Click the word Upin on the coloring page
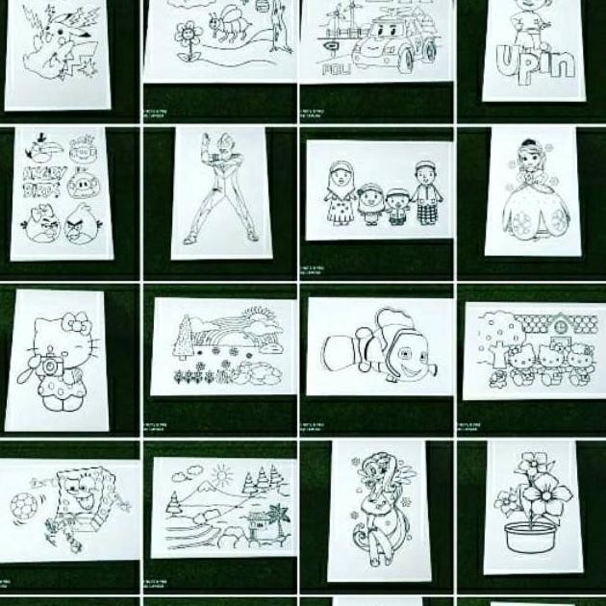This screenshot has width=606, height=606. [534, 63]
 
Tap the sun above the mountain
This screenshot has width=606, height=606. [221, 473]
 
